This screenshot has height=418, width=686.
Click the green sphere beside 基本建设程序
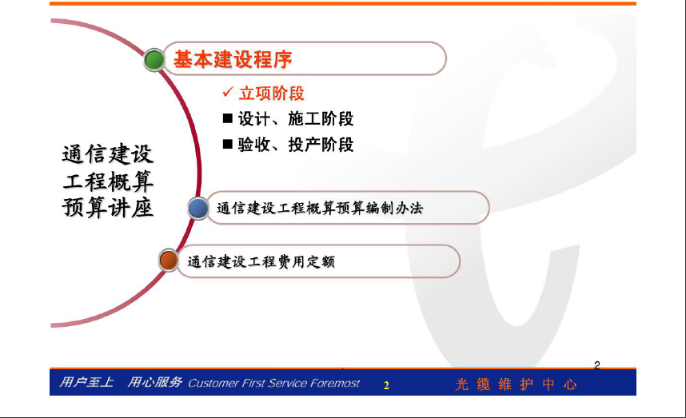click(154, 60)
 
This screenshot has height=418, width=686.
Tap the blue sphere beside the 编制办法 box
click(198, 208)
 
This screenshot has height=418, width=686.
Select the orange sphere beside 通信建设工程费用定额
click(169, 261)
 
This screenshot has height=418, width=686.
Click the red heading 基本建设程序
click(233, 59)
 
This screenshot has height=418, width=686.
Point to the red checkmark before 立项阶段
click(228, 92)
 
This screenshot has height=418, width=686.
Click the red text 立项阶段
click(271, 94)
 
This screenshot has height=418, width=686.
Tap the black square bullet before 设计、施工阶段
click(228, 118)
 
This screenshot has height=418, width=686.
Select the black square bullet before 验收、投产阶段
click(228, 144)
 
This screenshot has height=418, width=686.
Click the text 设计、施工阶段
click(296, 119)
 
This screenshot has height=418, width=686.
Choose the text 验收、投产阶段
click(296, 145)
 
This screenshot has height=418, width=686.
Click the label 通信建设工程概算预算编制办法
click(320, 208)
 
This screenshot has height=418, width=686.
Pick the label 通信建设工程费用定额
click(261, 261)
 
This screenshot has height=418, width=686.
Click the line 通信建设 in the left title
click(108, 154)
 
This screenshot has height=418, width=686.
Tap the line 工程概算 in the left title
click(108, 181)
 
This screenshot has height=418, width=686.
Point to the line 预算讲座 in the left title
click(108, 207)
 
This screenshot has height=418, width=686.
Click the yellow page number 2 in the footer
click(386, 385)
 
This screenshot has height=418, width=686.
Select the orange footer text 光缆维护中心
click(516, 384)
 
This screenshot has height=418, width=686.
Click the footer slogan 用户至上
click(86, 382)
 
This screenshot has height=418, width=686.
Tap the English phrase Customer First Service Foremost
click(274, 384)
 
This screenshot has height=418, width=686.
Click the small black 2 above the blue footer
click(596, 365)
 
